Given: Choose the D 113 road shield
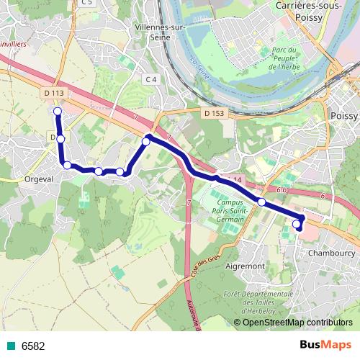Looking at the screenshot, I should [x=53, y=92].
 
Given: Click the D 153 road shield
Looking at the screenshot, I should [x=214, y=113].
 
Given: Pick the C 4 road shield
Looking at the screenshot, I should [x=150, y=78].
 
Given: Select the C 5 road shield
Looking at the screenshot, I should [x=86, y=3].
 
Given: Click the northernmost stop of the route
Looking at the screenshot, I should [x=57, y=111].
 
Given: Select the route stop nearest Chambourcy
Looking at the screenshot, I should [x=297, y=225].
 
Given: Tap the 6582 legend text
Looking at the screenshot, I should [x=33, y=346].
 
